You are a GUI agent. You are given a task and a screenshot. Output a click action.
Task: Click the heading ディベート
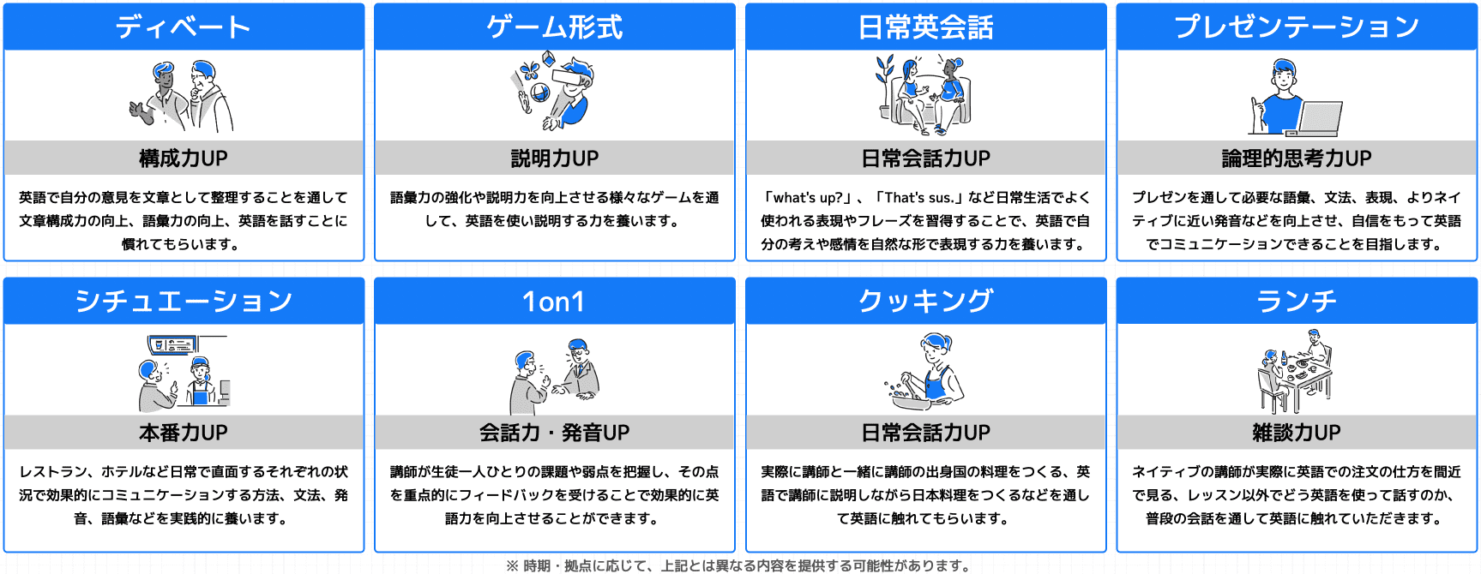click(x=184, y=27)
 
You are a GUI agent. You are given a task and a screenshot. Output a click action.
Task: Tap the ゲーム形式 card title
click(x=554, y=27)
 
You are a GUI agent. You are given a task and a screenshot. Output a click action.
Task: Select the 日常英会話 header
click(x=925, y=27)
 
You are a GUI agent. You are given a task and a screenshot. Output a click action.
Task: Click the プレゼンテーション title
click(x=1296, y=27)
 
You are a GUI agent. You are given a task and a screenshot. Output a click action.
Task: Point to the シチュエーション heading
click(x=184, y=302)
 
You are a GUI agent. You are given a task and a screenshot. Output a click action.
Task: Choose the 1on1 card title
click(x=554, y=302)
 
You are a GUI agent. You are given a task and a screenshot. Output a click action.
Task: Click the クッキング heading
click(x=925, y=302)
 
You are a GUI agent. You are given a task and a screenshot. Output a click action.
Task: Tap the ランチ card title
click(x=1296, y=302)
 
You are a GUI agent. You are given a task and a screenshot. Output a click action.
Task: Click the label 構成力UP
click(x=184, y=158)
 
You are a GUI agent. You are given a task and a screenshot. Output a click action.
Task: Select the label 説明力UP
click(x=554, y=158)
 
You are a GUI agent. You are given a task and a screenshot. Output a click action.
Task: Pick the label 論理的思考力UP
click(x=1296, y=158)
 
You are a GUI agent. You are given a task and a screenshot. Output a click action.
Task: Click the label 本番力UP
click(x=184, y=433)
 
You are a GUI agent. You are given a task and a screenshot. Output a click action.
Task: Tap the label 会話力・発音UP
click(x=554, y=433)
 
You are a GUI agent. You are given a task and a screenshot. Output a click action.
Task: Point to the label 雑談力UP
click(x=1296, y=433)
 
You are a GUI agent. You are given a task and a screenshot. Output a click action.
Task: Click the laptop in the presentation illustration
click(x=1321, y=118)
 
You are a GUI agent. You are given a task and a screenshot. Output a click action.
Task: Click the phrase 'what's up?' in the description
click(x=807, y=198)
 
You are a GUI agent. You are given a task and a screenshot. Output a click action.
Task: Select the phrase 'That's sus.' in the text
click(x=919, y=198)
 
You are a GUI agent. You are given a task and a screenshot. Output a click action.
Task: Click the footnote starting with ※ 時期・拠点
click(x=739, y=565)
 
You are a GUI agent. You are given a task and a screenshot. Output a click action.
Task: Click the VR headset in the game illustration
click(x=570, y=76)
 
